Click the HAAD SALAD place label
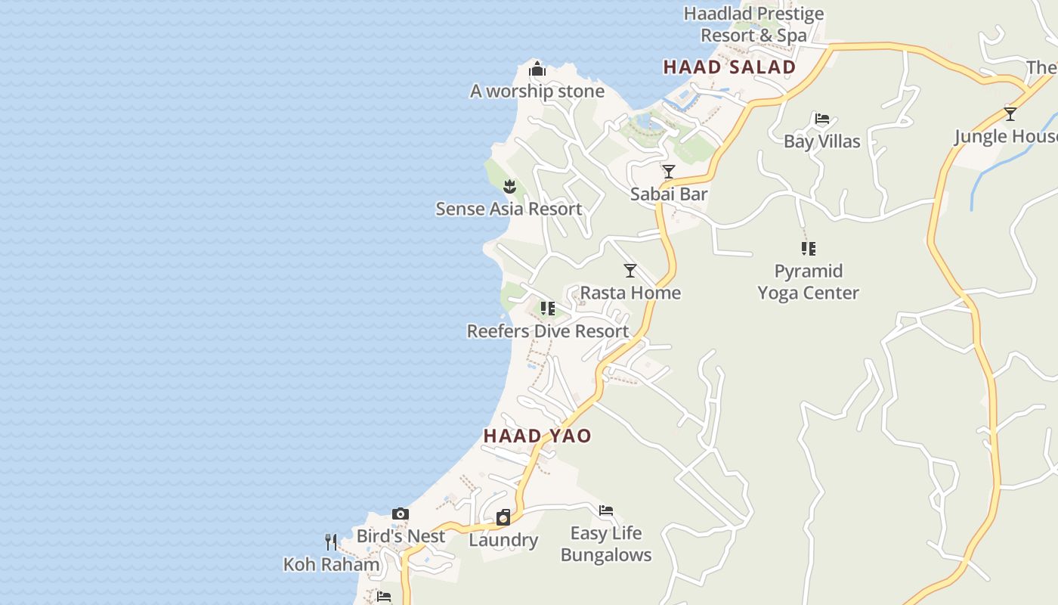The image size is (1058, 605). [729, 67]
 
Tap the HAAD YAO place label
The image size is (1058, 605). [537, 436]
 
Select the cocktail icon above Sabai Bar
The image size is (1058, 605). [668, 172]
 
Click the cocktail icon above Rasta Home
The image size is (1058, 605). [630, 271]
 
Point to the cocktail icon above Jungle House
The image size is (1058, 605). [1010, 114]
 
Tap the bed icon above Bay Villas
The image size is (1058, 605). [821, 119]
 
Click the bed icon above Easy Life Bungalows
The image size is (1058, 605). [605, 510]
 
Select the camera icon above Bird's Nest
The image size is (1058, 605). [401, 514]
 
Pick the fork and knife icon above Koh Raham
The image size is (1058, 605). [330, 541]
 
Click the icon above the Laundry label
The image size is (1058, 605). [503, 517]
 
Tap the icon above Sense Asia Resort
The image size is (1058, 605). [509, 186]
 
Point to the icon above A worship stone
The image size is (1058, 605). [537, 70]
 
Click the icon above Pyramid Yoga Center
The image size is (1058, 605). [808, 248]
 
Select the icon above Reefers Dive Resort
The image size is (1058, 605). [548, 309]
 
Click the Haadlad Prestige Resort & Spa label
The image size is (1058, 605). [753, 24]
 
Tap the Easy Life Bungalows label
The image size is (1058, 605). [606, 544]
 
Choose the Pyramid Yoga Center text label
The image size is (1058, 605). [809, 281]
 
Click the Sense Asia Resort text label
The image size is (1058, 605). [509, 209]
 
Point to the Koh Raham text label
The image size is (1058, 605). [331, 564]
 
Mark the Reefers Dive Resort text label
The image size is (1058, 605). [548, 331]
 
